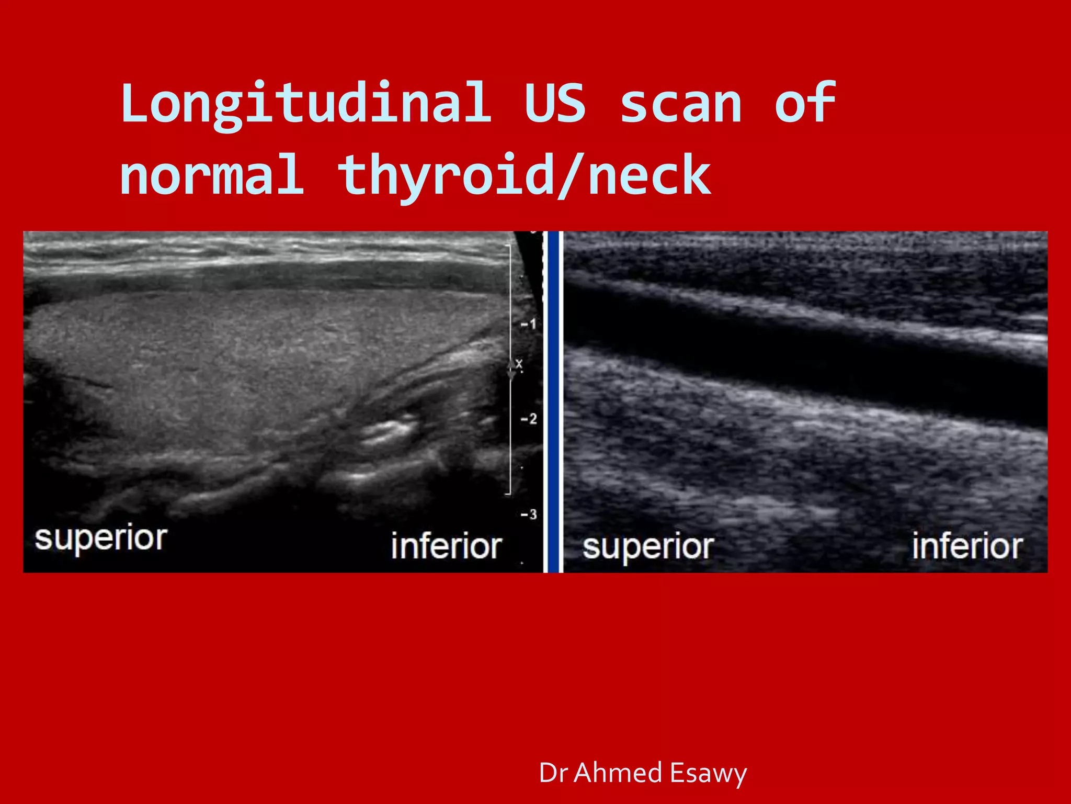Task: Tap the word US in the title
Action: click(x=555, y=104)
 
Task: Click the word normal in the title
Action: click(x=212, y=175)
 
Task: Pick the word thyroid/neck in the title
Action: click(x=525, y=176)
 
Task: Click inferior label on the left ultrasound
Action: click(x=447, y=546)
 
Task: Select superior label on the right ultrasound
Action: click(x=648, y=548)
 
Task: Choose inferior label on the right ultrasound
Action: click(x=967, y=546)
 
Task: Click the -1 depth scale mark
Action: click(x=529, y=325)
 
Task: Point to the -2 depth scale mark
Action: click(x=529, y=419)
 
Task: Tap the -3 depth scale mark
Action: click(x=529, y=515)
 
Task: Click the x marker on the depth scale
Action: click(x=518, y=364)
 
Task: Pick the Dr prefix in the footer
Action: click(x=553, y=773)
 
